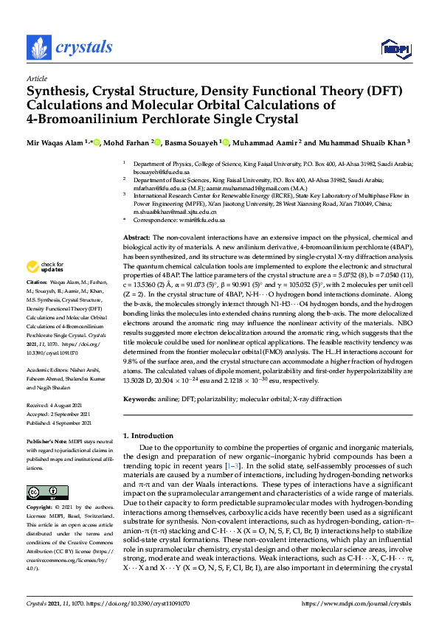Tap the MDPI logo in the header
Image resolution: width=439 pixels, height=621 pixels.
pyautogui.click(x=395, y=49)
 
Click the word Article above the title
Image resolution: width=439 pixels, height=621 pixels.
pyautogui.click(x=36, y=77)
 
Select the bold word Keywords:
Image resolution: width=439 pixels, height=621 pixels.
pyautogui.click(x=140, y=399)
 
